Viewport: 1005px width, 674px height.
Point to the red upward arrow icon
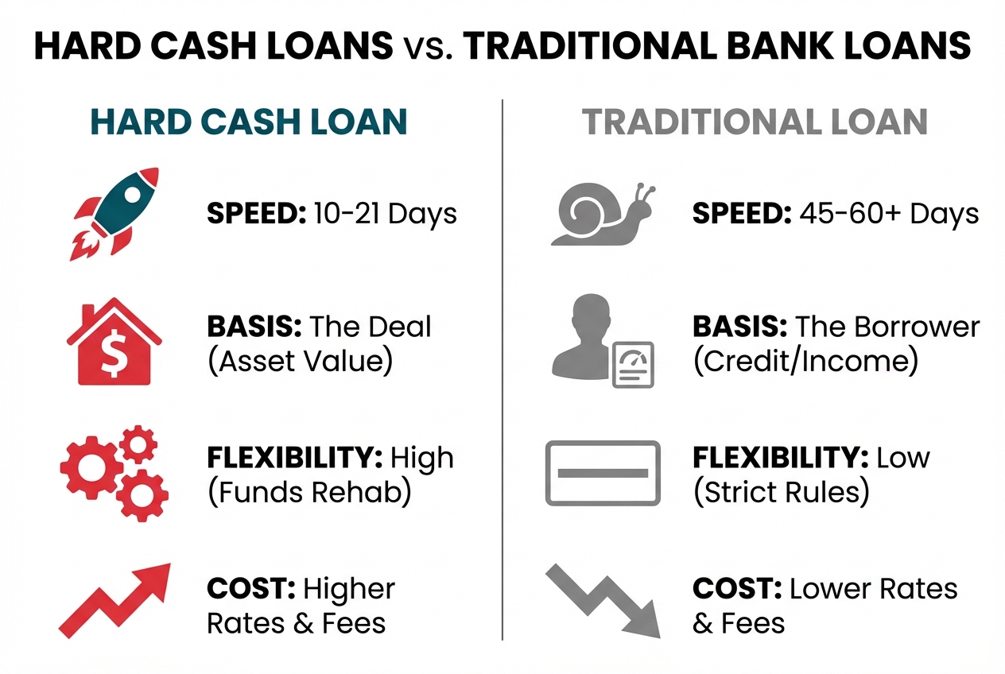pyautogui.click(x=115, y=600)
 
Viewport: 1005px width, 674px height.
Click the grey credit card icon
pyautogui.click(x=603, y=473)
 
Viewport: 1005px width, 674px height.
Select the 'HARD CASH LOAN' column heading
pyautogui.click(x=249, y=122)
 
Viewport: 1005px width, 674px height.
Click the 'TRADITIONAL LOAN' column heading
pyautogui.click(x=755, y=122)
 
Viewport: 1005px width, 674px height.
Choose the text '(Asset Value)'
pyautogui.click(x=300, y=362)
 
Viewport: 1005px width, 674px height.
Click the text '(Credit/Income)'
pyautogui.click(x=805, y=362)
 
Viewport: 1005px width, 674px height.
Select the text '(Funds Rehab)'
pyautogui.click(x=309, y=493)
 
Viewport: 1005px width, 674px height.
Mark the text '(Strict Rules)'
pyautogui.click(x=781, y=493)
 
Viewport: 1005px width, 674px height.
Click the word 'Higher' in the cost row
pyautogui.click(x=349, y=590)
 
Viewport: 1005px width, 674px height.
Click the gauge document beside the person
pyautogui.click(x=633, y=364)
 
